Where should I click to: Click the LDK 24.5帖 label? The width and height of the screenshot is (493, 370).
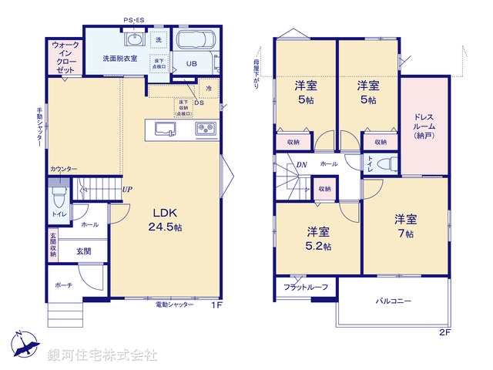165,220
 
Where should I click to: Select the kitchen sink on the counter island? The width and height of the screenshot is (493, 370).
166,129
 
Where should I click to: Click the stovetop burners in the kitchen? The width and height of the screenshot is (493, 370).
206,129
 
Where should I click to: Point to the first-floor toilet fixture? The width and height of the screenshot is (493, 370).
58,192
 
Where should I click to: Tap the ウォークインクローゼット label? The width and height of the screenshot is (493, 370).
65,58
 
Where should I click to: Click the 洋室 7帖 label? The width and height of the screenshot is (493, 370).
405,225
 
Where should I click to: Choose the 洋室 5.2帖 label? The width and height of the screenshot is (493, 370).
318,238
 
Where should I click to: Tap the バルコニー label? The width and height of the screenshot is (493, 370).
393,301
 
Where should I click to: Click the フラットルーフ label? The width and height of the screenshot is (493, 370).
306,288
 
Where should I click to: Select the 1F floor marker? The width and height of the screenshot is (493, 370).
216,305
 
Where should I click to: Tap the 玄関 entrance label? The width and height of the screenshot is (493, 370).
84,251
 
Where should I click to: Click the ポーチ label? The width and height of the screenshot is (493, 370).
63,284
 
